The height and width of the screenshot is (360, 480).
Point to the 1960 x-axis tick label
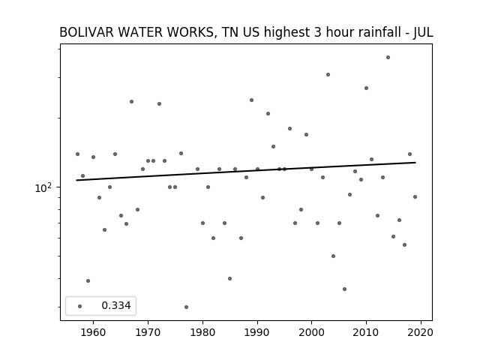click(93, 332)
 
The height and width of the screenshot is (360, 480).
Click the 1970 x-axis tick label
click(148, 332)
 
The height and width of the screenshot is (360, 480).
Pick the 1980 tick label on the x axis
click(202, 332)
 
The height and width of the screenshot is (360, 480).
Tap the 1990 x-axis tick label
click(257, 332)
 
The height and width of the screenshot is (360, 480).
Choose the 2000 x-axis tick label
click(312, 332)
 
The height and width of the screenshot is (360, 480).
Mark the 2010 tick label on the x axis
click(366, 332)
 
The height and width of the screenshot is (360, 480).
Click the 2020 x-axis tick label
click(421, 332)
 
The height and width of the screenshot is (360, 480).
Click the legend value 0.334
click(116, 305)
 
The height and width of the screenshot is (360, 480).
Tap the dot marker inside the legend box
click(80, 306)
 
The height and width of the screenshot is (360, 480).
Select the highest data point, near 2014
click(388, 57)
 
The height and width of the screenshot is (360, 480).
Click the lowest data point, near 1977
click(187, 307)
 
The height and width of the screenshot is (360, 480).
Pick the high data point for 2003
click(328, 75)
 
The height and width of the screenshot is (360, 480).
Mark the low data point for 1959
click(88, 280)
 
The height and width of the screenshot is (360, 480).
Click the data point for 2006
click(345, 289)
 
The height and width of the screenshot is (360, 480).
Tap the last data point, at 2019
click(415, 196)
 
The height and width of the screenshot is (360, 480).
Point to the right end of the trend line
click(415, 162)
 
